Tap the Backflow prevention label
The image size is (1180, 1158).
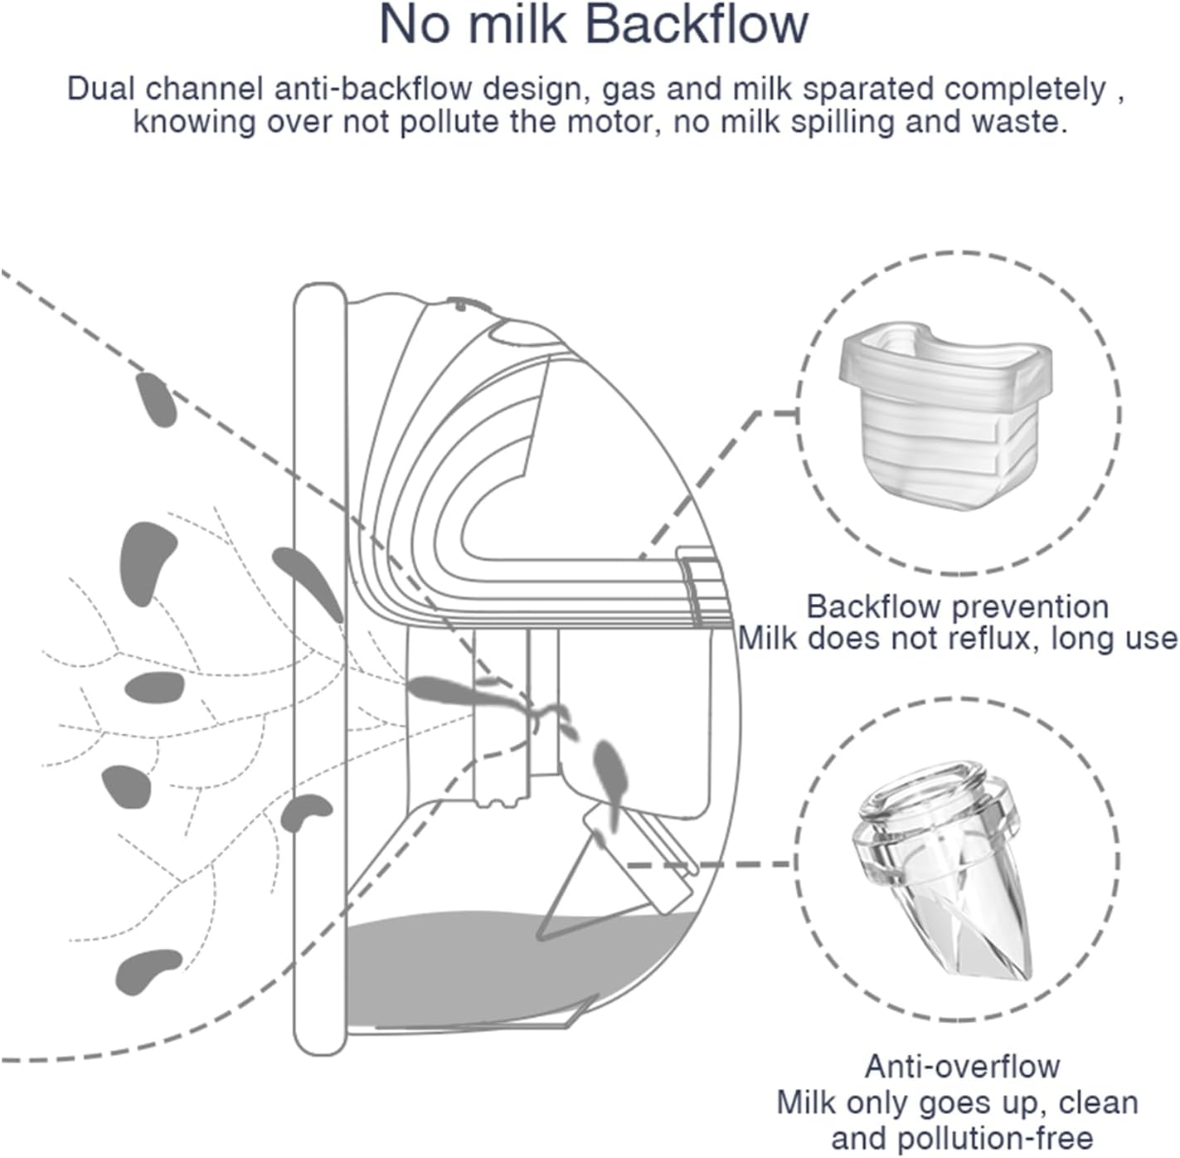point(957,606)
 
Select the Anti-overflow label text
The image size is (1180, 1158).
point(962,1066)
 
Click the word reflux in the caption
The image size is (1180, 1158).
point(1001,639)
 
